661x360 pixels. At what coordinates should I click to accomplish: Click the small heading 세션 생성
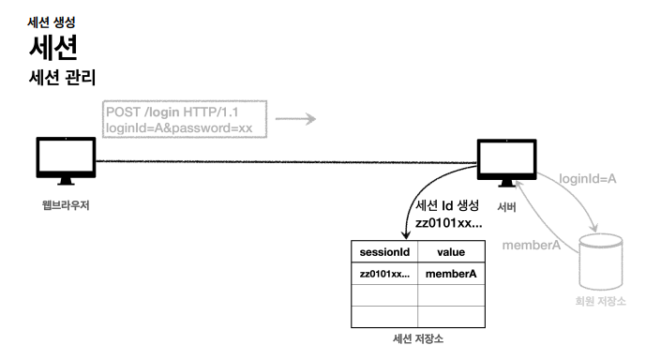[52, 22]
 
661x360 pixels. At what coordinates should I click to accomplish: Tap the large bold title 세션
[53, 47]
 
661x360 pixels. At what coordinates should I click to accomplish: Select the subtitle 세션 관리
[63, 78]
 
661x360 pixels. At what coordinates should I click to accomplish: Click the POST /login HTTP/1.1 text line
[172, 112]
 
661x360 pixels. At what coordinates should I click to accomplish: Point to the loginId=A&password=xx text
[179, 127]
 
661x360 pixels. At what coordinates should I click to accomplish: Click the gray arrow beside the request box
[295, 119]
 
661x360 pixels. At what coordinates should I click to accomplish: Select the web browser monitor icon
[66, 160]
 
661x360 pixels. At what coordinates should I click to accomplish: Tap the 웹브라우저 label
[66, 205]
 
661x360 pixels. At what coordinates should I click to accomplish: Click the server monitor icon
[506, 163]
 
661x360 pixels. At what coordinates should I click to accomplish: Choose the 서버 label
[506, 207]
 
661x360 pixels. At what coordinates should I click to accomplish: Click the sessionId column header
[384, 252]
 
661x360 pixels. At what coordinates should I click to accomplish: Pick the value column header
[451, 252]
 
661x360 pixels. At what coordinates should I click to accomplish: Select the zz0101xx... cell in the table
[384, 274]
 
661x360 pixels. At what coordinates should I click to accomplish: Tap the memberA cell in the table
[451, 274]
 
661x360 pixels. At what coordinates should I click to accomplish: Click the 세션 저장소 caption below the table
[418, 339]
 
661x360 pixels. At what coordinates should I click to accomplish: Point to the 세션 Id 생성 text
[447, 205]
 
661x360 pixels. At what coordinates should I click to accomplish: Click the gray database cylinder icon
[601, 262]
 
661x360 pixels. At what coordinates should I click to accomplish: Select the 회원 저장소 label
[601, 301]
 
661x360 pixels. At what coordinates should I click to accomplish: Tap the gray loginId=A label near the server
[588, 179]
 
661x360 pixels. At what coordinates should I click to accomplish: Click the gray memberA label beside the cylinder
[532, 245]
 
